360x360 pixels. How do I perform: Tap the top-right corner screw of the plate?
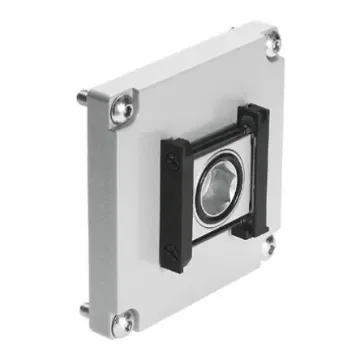coord(272,42)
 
